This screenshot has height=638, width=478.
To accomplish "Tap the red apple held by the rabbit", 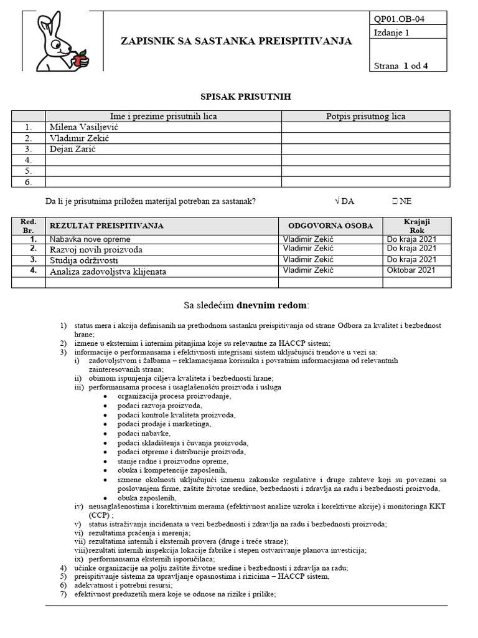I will click(79, 60).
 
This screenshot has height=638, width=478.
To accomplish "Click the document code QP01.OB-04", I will click(396, 17).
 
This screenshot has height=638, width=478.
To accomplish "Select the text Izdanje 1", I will click(392, 34).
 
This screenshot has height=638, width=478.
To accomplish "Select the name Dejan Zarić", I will click(73, 149).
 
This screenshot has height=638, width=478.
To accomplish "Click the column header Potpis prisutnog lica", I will click(365, 116).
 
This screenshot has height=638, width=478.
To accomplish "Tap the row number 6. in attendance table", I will click(28, 182).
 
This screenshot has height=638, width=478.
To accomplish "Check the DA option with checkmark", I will click(344, 201).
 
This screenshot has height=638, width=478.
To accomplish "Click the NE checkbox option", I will click(401, 201).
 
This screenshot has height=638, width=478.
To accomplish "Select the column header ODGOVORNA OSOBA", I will click(330, 226).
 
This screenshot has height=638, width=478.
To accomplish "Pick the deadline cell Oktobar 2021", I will click(411, 270).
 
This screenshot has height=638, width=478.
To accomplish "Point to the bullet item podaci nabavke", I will click(143, 433).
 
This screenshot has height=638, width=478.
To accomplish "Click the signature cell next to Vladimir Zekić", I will click(365, 138).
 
